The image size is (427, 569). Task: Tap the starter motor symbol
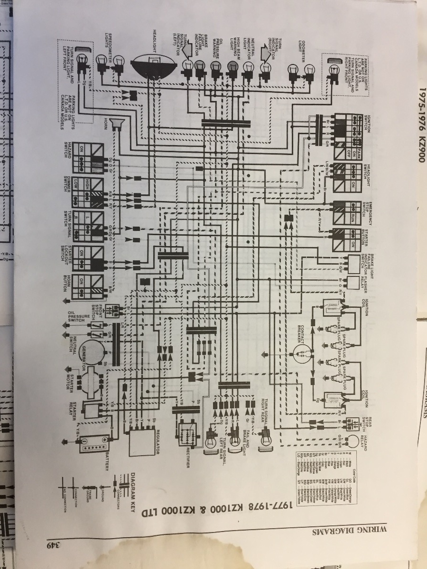point(93,379)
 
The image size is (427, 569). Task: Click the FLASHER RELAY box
point(352,283)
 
